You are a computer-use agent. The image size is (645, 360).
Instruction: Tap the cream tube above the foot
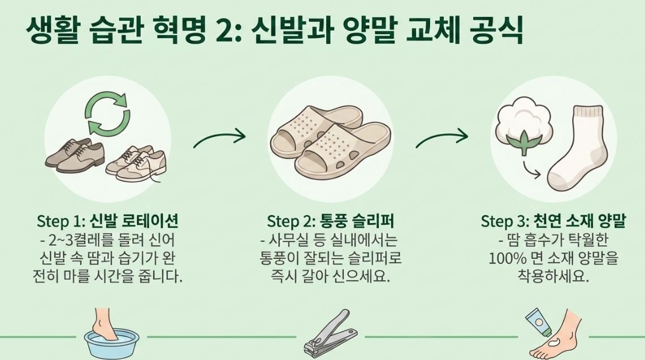click(539, 320)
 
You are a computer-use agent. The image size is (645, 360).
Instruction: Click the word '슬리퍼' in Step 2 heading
click(373, 221)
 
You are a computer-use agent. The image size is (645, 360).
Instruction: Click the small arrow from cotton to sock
click(531, 170)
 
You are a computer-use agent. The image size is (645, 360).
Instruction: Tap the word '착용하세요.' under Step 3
click(553, 276)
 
